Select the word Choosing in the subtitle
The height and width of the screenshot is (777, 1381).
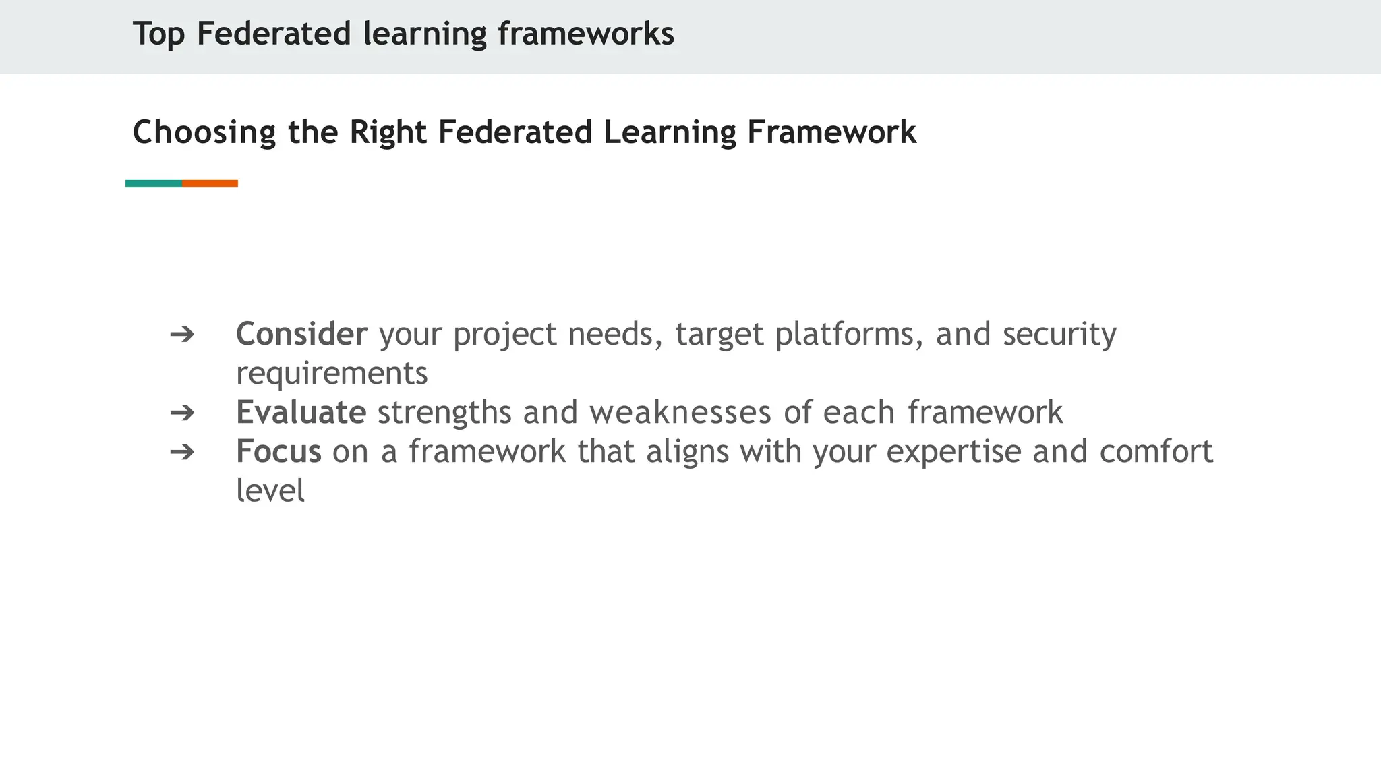pyautogui.click(x=204, y=132)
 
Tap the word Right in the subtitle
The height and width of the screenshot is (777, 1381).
pyautogui.click(x=388, y=132)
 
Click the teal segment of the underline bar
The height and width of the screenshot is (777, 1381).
pyautogui.click(x=154, y=183)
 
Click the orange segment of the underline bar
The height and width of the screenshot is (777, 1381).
pyautogui.click(x=210, y=183)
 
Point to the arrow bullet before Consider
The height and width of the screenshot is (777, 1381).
pyautogui.click(x=182, y=334)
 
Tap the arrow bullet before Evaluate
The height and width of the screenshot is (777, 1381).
pyautogui.click(x=182, y=412)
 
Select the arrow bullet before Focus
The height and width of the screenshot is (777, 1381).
pyautogui.click(x=182, y=451)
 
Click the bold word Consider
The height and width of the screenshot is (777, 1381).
pyautogui.click(x=301, y=334)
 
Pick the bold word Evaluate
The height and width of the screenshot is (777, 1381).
pyautogui.click(x=301, y=412)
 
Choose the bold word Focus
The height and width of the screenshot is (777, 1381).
pyautogui.click(x=278, y=451)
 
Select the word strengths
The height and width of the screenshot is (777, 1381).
pyautogui.click(x=444, y=412)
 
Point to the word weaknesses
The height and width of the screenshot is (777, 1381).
pyautogui.click(x=680, y=412)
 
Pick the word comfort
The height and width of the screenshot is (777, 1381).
pyautogui.click(x=1156, y=451)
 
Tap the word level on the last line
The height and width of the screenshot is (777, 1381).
pyautogui.click(x=270, y=490)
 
